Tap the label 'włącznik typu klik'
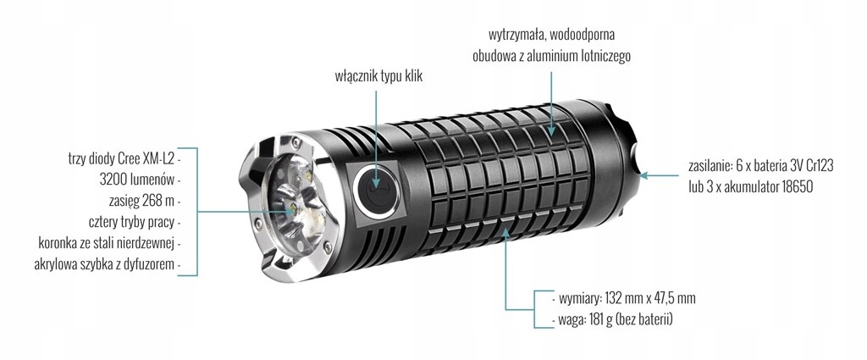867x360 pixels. tap(378, 76)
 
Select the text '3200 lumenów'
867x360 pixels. tap(138, 180)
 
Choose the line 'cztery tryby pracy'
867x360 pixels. tap(131, 222)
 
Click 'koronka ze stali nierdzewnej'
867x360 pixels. tap(107, 243)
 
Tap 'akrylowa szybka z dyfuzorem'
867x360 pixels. tap(104, 264)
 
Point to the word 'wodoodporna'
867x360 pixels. tap(583, 34)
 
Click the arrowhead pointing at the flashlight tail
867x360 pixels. tap(643, 175)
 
